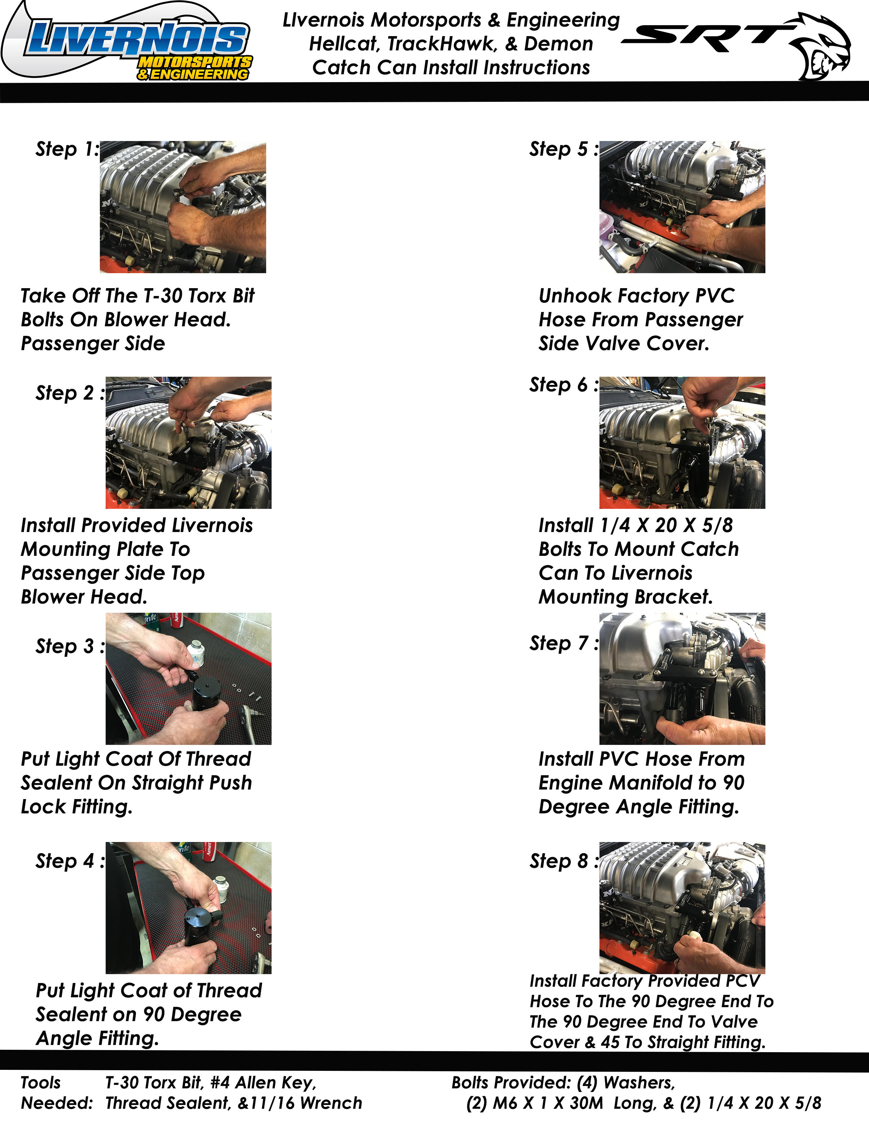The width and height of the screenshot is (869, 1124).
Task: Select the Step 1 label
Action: [x=67, y=149]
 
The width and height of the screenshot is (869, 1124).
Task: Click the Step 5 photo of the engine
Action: [x=682, y=207]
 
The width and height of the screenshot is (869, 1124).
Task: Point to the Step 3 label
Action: [x=70, y=646]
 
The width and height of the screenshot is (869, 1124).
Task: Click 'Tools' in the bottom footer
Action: [x=41, y=1083]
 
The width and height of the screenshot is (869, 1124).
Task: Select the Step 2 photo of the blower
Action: [x=188, y=442]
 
